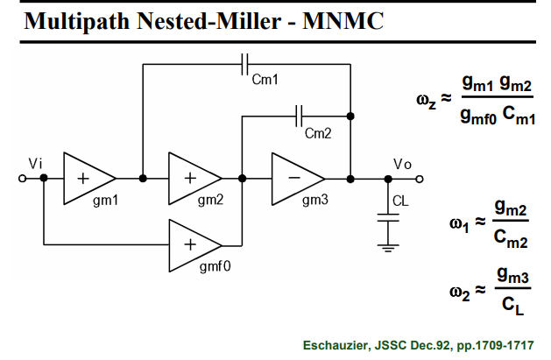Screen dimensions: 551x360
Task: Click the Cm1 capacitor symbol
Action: (245, 64)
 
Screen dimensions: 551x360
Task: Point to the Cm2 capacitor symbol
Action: (299, 116)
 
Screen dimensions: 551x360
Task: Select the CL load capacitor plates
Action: (388, 218)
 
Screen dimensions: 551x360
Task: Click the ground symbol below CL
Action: (388, 248)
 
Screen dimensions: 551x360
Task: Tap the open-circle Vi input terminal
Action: (22, 179)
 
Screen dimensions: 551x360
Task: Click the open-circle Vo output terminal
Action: (420, 179)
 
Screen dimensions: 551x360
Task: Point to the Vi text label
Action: (35, 164)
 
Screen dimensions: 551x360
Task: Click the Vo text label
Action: (402, 164)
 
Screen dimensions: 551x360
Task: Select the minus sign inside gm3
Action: (294, 178)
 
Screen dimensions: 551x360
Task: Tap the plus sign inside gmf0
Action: (190, 244)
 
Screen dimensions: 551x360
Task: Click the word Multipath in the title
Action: (77, 21)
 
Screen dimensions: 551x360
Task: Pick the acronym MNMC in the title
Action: (343, 21)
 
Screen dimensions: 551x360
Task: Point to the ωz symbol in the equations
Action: (426, 101)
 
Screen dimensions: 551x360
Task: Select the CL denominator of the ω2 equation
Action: (512, 306)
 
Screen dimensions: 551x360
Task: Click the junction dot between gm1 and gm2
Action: (143, 179)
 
